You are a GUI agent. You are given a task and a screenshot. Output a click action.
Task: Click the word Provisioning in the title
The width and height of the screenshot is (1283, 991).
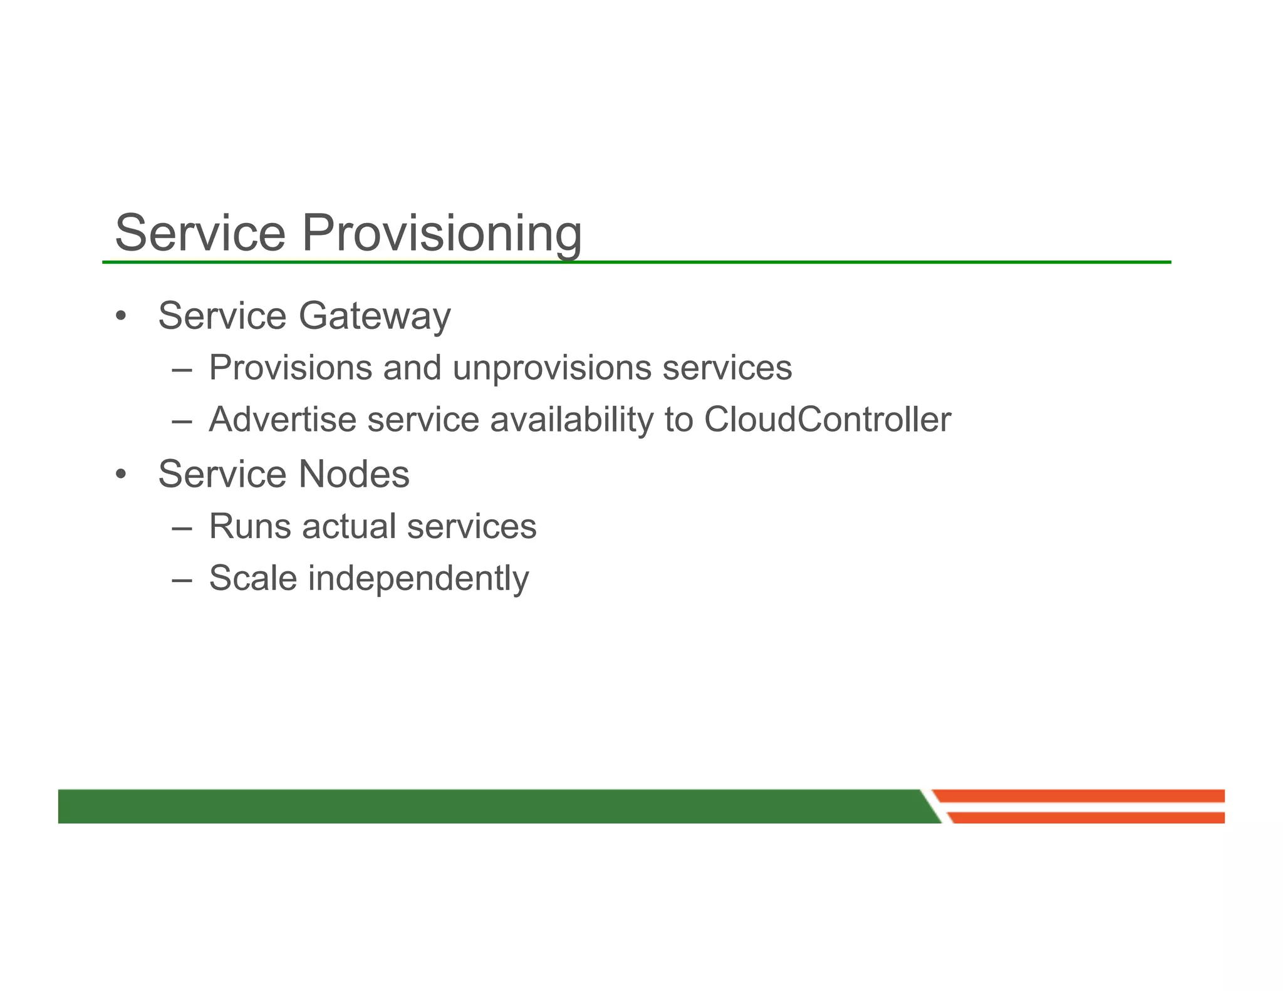pyautogui.click(x=442, y=233)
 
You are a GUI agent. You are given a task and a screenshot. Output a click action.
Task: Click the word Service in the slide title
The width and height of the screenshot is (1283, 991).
pyautogui.click(x=200, y=233)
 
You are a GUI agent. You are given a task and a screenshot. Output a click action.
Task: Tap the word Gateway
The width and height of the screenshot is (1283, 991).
pyautogui.click(x=375, y=316)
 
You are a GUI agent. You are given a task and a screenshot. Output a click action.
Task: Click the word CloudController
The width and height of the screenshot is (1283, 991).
pyautogui.click(x=827, y=420)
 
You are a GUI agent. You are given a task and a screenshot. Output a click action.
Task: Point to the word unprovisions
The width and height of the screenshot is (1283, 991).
pyautogui.click(x=552, y=368)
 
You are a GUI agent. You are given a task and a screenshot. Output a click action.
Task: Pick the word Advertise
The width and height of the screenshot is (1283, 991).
pyautogui.click(x=283, y=420)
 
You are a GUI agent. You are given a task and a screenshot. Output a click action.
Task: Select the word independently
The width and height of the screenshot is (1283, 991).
pyautogui.click(x=418, y=578)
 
